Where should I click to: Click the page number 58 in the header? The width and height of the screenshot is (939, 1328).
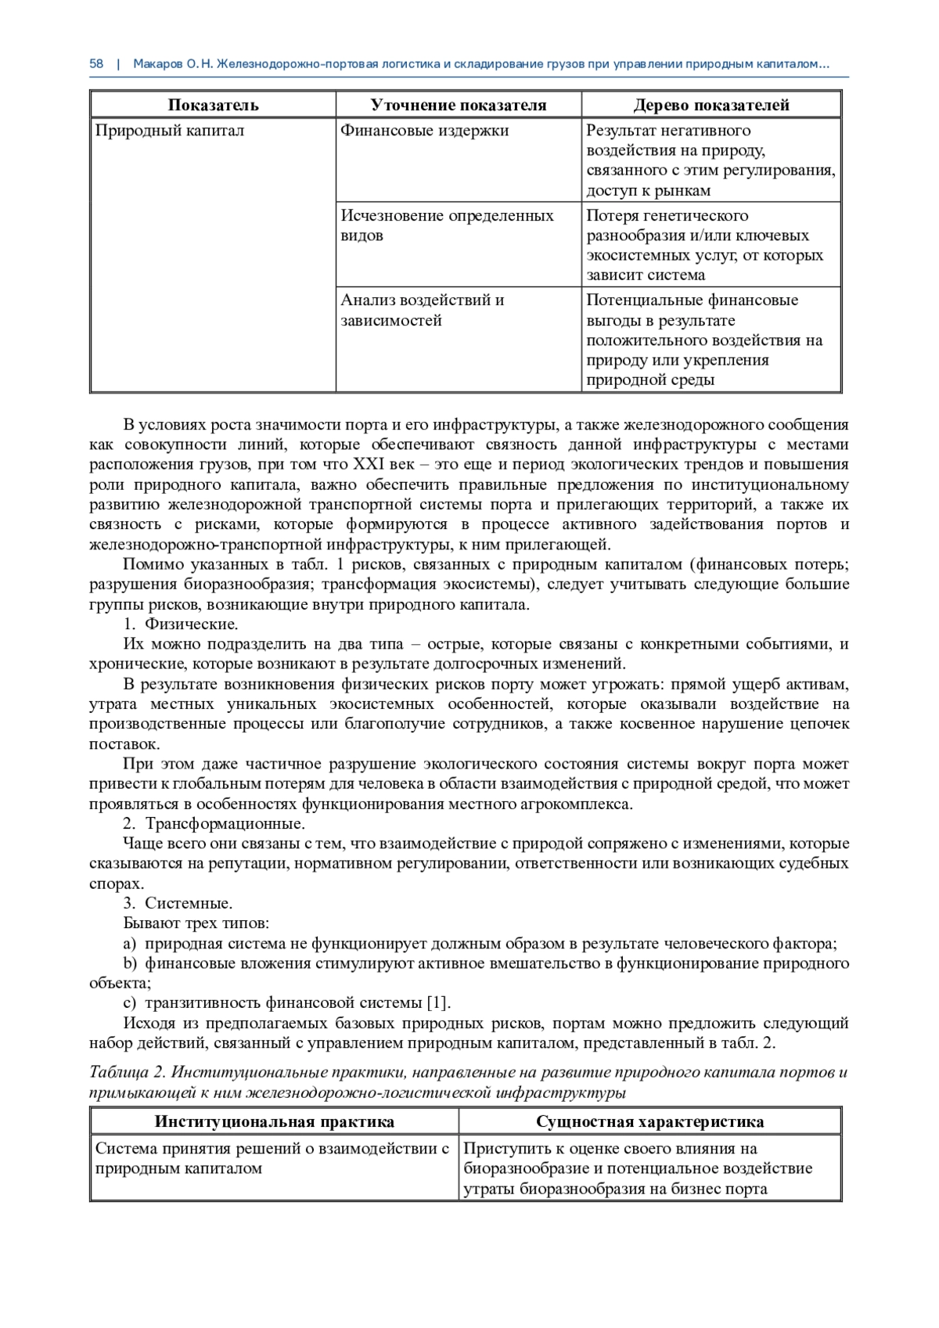(x=96, y=64)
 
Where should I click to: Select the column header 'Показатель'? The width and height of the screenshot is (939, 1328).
(x=213, y=105)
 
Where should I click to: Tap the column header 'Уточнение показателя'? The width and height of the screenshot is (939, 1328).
(x=458, y=105)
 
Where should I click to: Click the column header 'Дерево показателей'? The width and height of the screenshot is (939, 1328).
(x=711, y=105)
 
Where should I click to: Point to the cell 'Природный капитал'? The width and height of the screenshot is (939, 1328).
(x=170, y=131)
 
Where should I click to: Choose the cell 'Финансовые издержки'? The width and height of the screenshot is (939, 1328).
(x=424, y=131)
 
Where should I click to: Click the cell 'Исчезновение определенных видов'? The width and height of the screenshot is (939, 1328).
(x=447, y=225)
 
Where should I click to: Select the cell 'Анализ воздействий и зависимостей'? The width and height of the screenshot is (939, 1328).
(x=423, y=310)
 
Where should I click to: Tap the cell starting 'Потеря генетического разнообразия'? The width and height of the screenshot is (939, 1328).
(x=704, y=245)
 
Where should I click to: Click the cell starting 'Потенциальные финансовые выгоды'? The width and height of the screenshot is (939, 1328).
(x=704, y=340)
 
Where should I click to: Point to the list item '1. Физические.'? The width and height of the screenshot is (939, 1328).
(x=181, y=624)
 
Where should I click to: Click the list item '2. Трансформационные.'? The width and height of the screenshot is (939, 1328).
(x=214, y=824)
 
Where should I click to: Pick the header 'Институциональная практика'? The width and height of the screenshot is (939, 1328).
(x=274, y=1121)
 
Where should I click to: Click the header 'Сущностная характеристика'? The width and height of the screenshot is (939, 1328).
(x=649, y=1121)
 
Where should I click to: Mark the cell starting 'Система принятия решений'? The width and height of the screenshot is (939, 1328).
(x=272, y=1158)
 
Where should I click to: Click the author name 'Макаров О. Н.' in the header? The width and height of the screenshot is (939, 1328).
(x=174, y=64)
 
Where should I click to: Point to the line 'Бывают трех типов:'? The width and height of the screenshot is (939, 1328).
(x=196, y=923)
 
